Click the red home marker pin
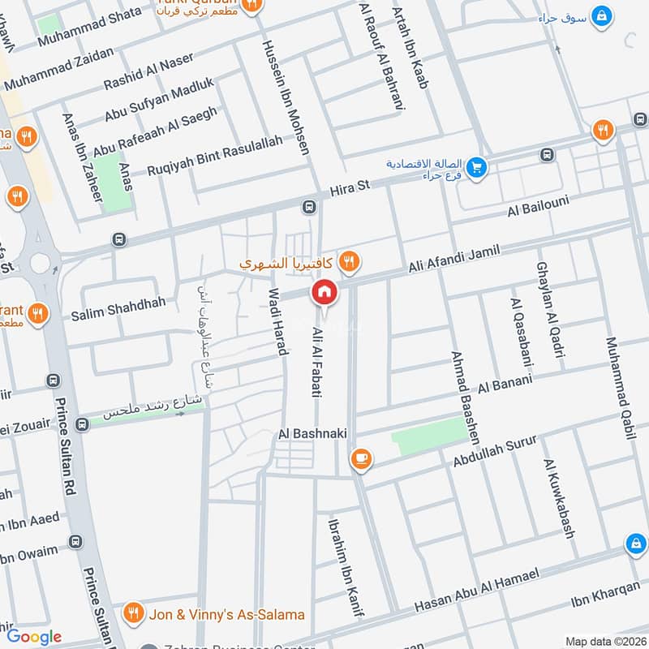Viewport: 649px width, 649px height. (x=324, y=292)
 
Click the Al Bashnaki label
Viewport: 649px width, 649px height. (x=312, y=434)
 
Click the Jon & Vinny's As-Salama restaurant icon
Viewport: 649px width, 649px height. (x=135, y=611)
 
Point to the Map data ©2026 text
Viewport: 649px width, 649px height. (x=604, y=641)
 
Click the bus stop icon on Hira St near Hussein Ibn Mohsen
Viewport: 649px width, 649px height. (x=308, y=206)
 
